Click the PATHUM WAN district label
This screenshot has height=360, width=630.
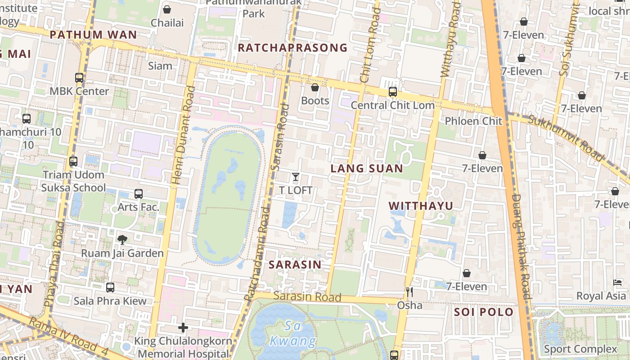[93, 35]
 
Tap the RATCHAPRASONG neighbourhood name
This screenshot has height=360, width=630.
[292, 48]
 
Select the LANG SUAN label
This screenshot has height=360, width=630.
[367, 168]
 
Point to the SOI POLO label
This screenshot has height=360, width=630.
[484, 312]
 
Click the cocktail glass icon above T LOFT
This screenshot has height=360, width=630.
[296, 177]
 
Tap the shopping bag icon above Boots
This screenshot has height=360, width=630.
[315, 87]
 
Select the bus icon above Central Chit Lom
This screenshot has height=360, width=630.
[393, 92]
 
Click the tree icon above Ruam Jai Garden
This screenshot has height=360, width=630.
[122, 239]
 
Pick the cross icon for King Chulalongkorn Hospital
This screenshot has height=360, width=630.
[183, 327]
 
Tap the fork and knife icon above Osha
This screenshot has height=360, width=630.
[409, 292]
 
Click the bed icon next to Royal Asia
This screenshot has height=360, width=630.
[618, 283]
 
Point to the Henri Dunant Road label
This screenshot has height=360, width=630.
[183, 135]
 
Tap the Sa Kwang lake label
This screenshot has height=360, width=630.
[294, 333]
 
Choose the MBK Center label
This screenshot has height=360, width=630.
[79, 91]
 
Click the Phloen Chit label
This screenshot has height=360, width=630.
[473, 121]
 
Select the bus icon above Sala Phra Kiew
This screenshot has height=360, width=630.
[110, 288]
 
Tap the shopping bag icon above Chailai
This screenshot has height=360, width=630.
[167, 9]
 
